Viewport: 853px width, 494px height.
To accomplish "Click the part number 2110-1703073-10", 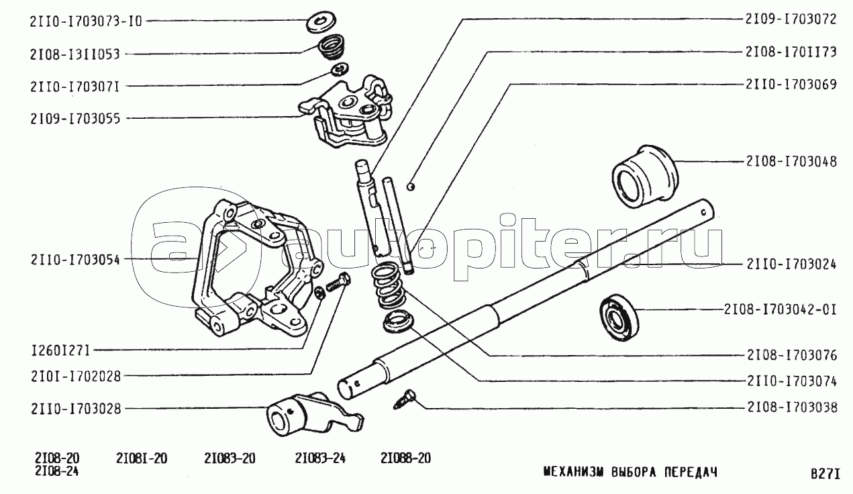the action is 86,21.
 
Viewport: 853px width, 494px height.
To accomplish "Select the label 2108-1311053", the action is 74,54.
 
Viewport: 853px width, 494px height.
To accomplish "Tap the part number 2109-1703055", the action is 75,119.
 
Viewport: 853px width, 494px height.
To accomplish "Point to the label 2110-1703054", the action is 75,260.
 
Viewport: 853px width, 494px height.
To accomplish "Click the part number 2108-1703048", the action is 791,162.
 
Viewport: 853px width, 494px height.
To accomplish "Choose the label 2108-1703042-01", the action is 781,310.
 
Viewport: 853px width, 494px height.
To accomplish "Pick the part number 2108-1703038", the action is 792,407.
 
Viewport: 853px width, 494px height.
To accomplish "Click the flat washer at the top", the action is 321,22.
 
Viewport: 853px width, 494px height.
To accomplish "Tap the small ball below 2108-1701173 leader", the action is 411,187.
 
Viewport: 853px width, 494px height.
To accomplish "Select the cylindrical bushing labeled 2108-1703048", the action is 645,176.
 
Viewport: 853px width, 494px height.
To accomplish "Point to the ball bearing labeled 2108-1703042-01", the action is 619,317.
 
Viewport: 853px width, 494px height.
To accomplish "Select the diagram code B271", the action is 825,474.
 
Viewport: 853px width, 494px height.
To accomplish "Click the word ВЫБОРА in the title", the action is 634,473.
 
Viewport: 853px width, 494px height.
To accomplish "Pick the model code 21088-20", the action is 405,458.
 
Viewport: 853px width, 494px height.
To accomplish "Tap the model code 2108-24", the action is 57,472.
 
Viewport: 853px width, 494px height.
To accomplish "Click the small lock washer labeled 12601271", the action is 320,293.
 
